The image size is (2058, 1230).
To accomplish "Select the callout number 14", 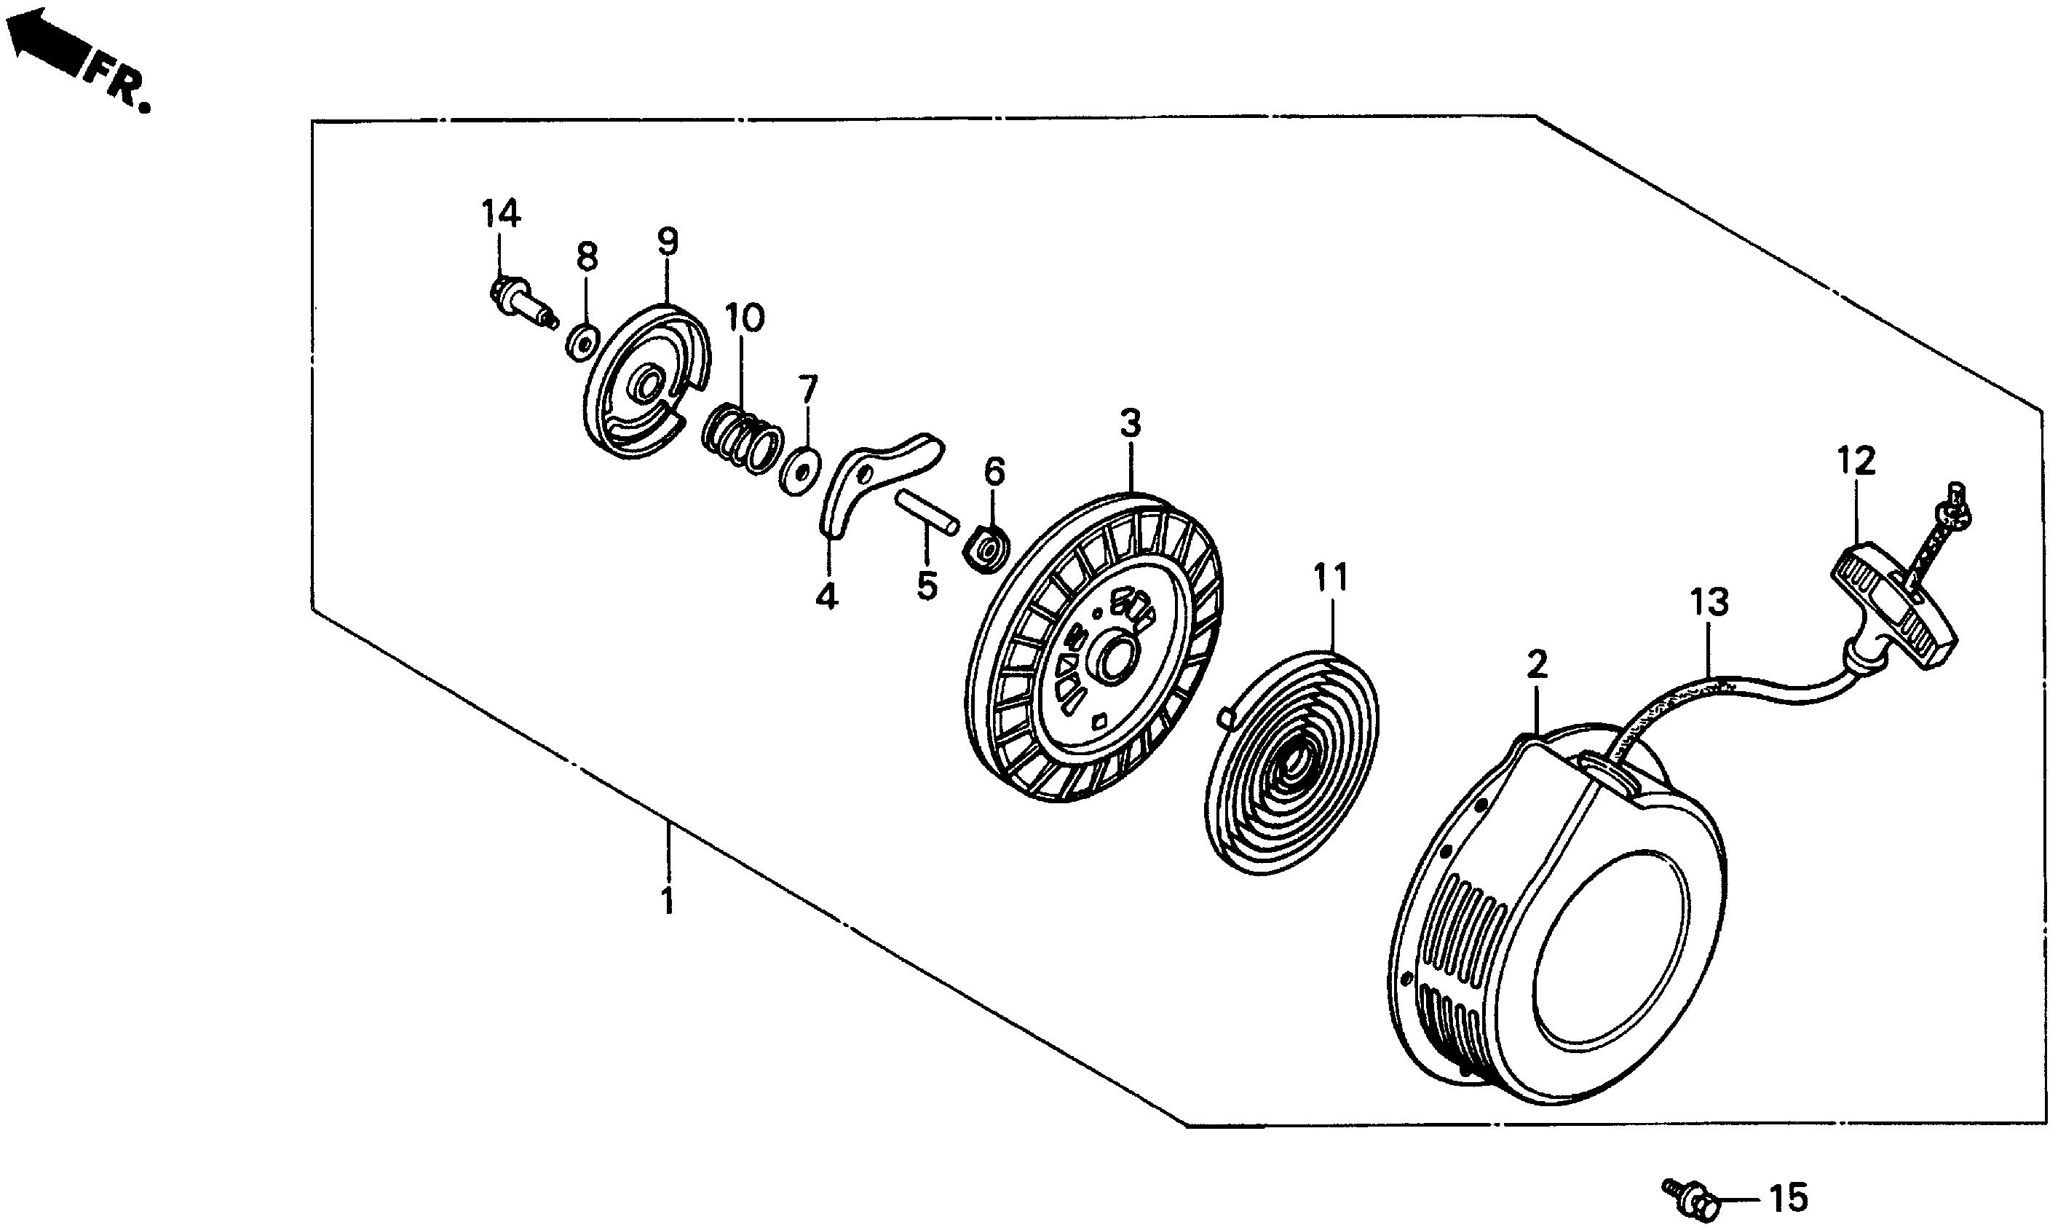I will [x=502, y=213].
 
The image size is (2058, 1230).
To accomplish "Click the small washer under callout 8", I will [x=583, y=342].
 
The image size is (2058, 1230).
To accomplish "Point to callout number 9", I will [x=668, y=241].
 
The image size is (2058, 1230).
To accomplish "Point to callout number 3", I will [x=1130, y=424].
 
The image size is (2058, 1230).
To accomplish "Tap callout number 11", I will [x=1331, y=577].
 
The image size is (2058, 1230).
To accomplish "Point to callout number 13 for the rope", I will [x=1709, y=602].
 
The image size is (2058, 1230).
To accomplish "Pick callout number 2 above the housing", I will [x=1537, y=666].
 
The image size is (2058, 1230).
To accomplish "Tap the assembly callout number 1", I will [x=668, y=901].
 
